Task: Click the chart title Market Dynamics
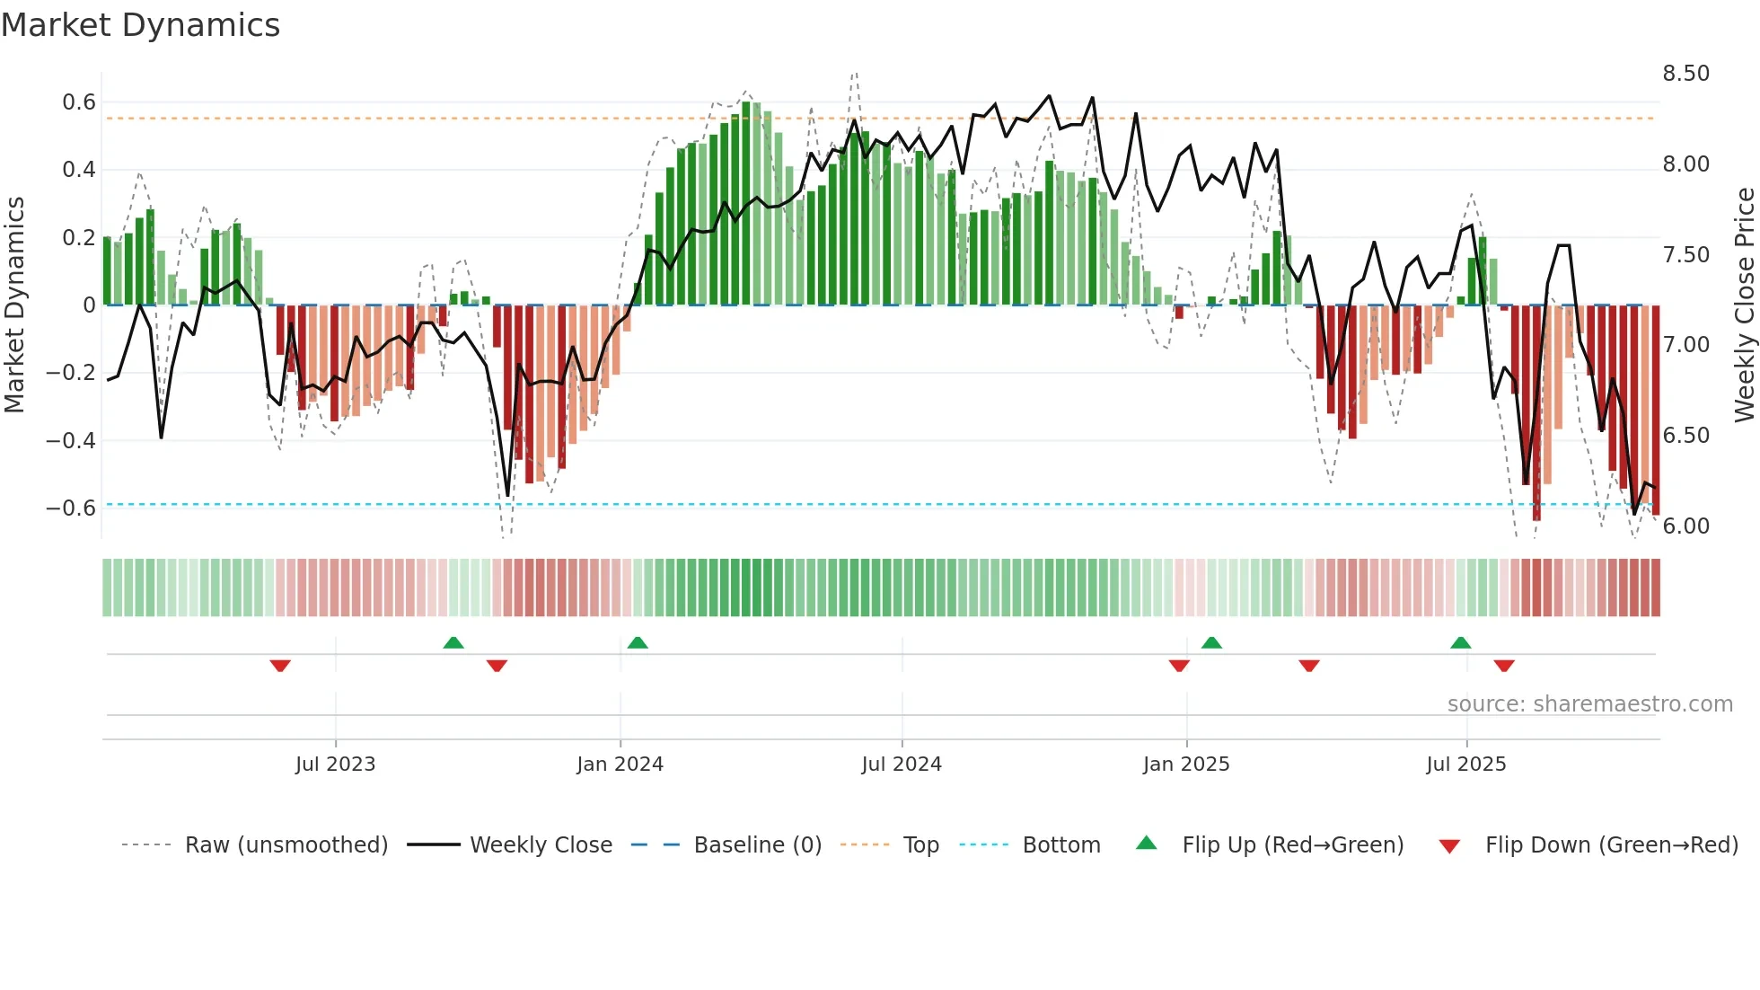point(140,25)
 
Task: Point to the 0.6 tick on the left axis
point(79,102)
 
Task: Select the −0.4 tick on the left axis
point(71,440)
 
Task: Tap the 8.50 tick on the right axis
point(1685,74)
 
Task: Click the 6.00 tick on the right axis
point(1685,526)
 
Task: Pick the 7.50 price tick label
point(1685,255)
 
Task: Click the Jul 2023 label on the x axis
point(335,765)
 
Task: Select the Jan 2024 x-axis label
point(620,765)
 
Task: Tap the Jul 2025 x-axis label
point(1465,765)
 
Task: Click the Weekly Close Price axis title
point(1744,305)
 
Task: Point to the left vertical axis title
point(14,305)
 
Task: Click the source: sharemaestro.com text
point(1589,704)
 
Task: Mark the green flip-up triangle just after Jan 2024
point(638,643)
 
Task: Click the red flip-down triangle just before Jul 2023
point(280,666)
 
